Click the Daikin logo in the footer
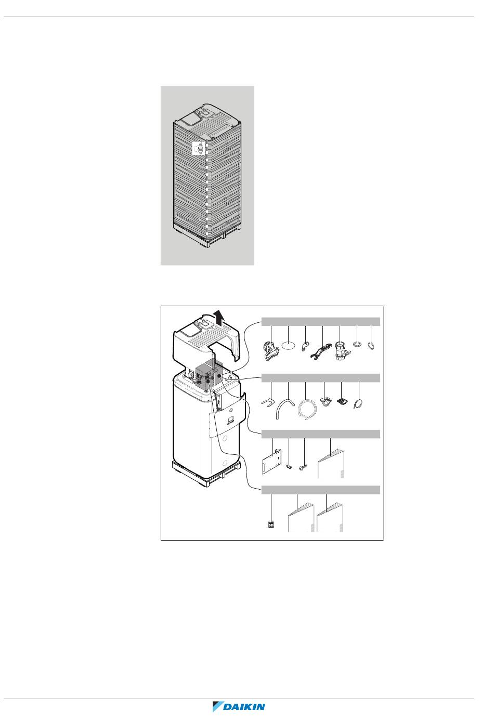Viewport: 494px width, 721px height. pos(239,706)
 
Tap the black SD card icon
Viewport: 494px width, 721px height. pos(271,525)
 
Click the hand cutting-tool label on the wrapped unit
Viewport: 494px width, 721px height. pos(198,148)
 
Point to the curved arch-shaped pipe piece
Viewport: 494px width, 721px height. pos(285,406)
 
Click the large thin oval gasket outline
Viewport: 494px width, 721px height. pos(289,345)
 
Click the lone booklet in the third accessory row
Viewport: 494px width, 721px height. pos(331,464)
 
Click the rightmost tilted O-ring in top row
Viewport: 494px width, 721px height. pos(371,346)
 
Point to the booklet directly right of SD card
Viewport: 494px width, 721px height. pos(301,517)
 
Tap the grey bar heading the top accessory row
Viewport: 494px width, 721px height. pos(320,322)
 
